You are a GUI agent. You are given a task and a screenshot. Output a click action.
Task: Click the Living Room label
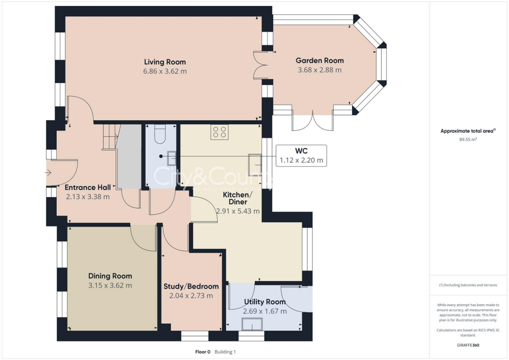point(165,62)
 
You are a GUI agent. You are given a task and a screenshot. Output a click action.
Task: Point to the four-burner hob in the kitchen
point(219,132)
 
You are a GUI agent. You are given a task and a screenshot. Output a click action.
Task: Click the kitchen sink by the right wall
point(255,161)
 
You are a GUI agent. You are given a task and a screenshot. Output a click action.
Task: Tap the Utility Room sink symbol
point(252,324)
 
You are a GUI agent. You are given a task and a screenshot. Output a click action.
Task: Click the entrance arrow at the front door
point(48,173)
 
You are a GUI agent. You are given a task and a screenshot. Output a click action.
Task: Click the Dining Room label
point(110,276)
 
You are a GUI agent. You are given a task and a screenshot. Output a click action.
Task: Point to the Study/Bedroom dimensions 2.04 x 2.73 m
point(191,295)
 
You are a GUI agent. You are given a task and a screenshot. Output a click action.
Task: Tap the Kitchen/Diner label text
point(238,198)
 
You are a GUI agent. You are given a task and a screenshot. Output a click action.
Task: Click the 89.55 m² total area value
point(468,140)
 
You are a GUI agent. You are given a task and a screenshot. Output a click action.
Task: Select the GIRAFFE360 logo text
point(469,345)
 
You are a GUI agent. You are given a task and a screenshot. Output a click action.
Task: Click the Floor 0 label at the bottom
point(202,352)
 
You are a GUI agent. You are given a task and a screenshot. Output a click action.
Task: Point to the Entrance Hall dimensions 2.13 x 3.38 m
point(87,196)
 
